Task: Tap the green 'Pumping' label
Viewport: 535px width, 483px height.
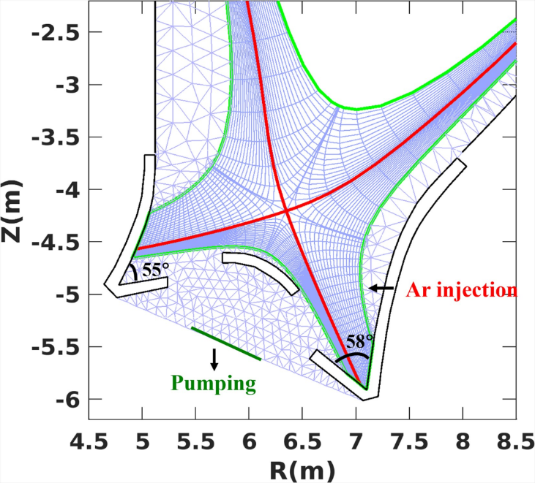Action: click(x=214, y=384)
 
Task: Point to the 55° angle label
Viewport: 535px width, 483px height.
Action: click(x=155, y=270)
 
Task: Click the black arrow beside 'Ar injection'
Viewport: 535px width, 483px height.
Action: click(x=381, y=289)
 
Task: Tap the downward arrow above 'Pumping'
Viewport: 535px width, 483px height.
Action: click(x=214, y=359)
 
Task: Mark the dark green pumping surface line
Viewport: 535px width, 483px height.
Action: click(x=226, y=344)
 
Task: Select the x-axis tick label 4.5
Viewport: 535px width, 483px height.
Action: click(x=89, y=441)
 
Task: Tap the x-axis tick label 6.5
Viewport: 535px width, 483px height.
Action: click(x=302, y=441)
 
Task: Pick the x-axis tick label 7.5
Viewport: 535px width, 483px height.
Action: click(x=409, y=441)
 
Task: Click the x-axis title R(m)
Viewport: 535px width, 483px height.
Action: click(x=302, y=468)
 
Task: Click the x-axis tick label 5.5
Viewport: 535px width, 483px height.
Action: click(x=195, y=441)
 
